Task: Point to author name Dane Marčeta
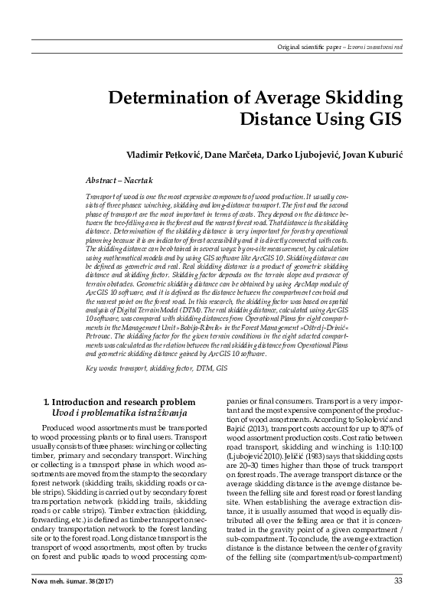pyautogui.click(x=232, y=155)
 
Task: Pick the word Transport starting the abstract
pyautogui.click(x=105, y=197)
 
